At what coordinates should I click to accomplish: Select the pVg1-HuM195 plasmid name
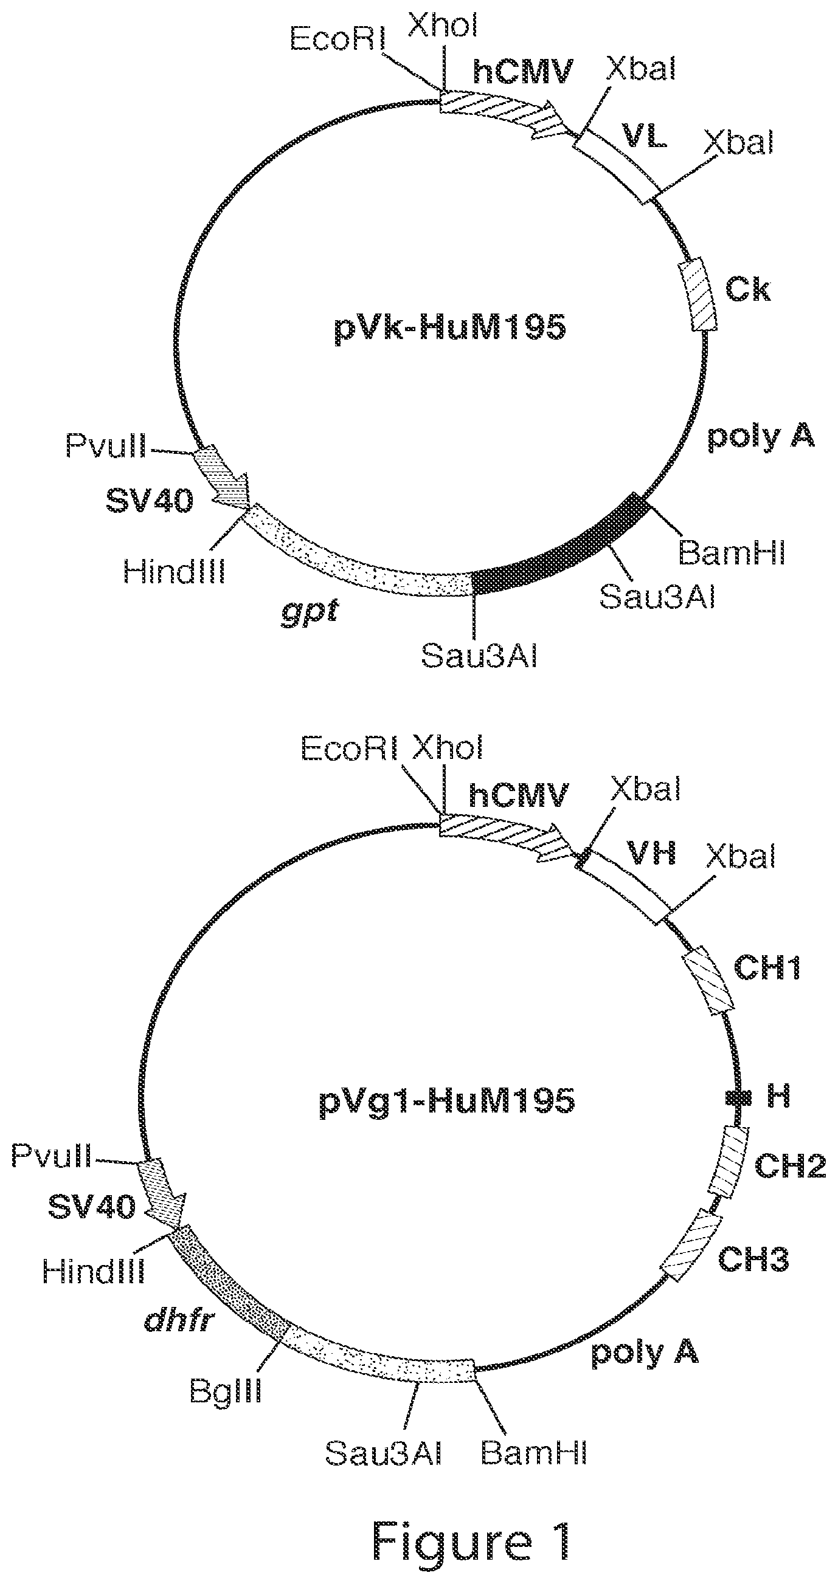[447, 1100]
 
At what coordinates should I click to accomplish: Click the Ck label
[748, 290]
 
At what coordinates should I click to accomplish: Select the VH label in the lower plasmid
[651, 853]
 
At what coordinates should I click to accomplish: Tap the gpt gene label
[310, 613]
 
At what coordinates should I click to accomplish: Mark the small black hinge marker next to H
[738, 1095]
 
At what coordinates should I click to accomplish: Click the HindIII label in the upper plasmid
[174, 570]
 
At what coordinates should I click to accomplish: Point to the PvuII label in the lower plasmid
[52, 1157]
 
